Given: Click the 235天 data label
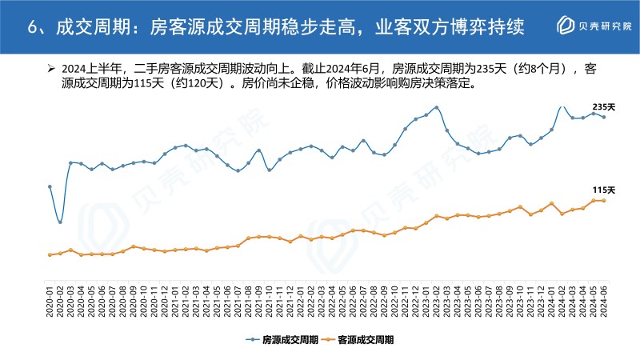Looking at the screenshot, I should (x=603, y=106).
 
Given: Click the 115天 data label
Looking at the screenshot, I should (x=603, y=190).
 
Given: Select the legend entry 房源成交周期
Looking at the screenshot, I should (x=286, y=339).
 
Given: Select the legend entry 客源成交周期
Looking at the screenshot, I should (x=365, y=339).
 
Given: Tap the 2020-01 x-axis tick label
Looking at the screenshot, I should (x=50, y=300).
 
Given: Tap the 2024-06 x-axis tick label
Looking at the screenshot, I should (x=604, y=300).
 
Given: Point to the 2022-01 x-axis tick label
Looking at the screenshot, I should (x=301, y=300).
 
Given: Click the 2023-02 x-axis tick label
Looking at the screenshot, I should (x=437, y=300).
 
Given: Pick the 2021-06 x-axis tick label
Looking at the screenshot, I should (x=227, y=300).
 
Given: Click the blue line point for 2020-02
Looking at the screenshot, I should (x=60, y=222).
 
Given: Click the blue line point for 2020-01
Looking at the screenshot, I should (x=50, y=186).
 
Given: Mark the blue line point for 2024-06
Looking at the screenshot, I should (x=604, y=117).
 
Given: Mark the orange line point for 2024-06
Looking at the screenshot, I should (x=604, y=201).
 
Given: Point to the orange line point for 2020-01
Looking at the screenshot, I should (x=50, y=254).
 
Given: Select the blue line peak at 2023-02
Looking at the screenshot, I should (x=437, y=107).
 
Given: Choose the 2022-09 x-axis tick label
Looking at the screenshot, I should (x=385, y=300).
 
